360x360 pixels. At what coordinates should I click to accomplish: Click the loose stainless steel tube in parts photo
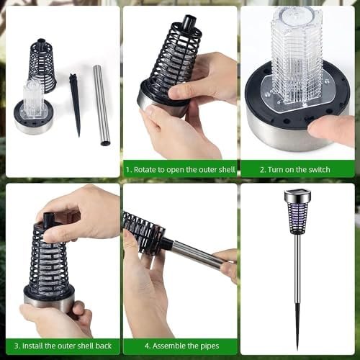[x=102, y=106]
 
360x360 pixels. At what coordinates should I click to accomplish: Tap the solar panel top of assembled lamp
[x=298, y=192]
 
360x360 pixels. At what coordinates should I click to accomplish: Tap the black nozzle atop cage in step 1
[x=189, y=22]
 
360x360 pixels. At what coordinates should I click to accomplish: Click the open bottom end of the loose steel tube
[x=105, y=143]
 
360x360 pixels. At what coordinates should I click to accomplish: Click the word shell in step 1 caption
[x=227, y=170]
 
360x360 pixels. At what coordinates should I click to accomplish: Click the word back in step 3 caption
[x=104, y=346]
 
